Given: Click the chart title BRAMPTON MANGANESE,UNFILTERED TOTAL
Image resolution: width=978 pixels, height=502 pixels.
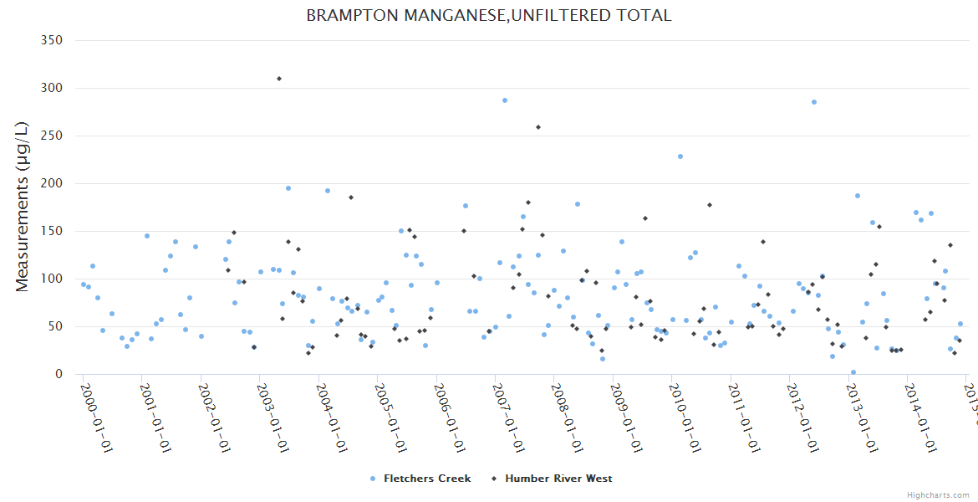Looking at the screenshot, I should tap(489, 15).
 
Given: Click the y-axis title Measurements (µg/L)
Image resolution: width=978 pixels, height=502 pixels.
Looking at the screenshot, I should tap(23, 207).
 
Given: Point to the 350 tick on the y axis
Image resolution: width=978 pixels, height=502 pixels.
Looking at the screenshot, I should tap(53, 40).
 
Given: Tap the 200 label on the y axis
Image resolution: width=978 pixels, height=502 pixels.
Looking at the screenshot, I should tap(53, 183).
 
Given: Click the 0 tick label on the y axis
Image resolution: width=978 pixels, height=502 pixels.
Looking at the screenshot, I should tap(59, 374).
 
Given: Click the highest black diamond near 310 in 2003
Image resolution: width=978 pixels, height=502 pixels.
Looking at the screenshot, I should tap(278, 79).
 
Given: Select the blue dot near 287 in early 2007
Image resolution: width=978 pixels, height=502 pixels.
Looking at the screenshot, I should tap(505, 100).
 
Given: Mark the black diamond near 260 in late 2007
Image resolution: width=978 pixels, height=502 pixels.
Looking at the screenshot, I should tap(538, 127).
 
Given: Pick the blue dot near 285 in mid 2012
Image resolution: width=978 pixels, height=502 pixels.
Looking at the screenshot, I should tap(814, 102).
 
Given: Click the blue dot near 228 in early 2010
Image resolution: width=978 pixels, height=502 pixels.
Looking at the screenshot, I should tap(680, 156).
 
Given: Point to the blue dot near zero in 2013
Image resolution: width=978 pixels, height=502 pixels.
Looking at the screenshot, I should tap(853, 372).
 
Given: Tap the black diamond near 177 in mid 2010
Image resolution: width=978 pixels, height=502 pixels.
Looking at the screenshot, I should tap(710, 205).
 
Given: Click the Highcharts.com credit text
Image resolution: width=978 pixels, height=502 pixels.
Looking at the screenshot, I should tap(938, 494).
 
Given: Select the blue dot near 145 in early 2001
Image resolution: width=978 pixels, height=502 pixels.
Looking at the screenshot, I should tap(147, 236).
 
